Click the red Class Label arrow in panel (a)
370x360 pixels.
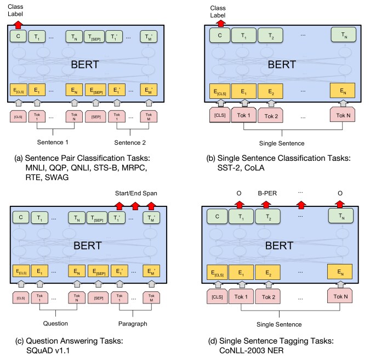[18, 24]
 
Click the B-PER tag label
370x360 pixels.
[267, 193]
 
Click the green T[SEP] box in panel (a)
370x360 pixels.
[94, 37]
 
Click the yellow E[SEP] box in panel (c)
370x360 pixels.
[94, 271]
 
